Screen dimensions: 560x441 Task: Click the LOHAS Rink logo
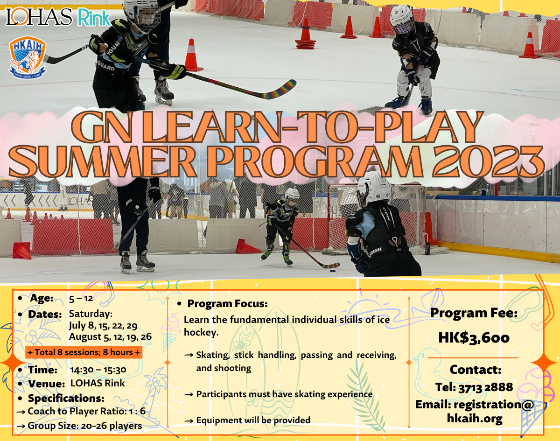pos(58,17)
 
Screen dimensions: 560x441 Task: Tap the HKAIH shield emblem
pos(28,57)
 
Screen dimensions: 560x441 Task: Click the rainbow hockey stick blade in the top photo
pos(276,90)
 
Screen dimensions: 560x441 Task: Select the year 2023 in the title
pos(489,161)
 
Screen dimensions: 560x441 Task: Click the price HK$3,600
pos(474,338)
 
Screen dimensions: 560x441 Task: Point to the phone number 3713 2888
pos(486,387)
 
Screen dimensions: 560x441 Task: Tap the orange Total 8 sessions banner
pos(84,352)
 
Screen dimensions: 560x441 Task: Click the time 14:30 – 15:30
pos(98,370)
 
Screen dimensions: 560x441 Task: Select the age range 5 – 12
pos(81,298)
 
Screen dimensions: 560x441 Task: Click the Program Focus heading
pos(227,303)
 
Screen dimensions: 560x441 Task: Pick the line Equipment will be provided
pos(253,420)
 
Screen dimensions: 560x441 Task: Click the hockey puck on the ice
pos(333,271)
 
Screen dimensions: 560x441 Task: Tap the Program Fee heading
pos(474,313)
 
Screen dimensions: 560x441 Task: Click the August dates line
pos(110,337)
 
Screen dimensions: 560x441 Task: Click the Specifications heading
pos(66,399)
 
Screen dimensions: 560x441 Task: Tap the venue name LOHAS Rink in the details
pos(98,383)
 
